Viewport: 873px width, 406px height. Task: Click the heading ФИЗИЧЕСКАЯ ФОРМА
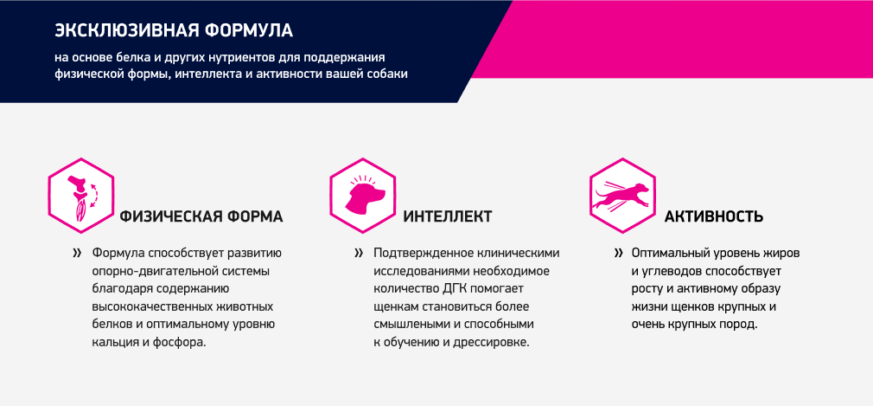(201, 217)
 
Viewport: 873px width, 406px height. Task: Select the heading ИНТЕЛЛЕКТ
(448, 217)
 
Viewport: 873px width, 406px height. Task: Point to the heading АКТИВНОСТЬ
(714, 217)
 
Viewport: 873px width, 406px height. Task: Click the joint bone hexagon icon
(81, 195)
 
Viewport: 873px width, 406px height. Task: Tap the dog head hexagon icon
(363, 195)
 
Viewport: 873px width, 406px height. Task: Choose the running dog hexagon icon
(622, 195)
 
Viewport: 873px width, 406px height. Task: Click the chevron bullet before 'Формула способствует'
(77, 254)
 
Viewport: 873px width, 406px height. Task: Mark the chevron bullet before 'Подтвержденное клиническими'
(359, 254)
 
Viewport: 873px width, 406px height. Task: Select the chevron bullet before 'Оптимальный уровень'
(618, 254)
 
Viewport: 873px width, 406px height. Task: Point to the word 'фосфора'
(184, 343)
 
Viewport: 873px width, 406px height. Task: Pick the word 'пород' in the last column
(742, 325)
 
